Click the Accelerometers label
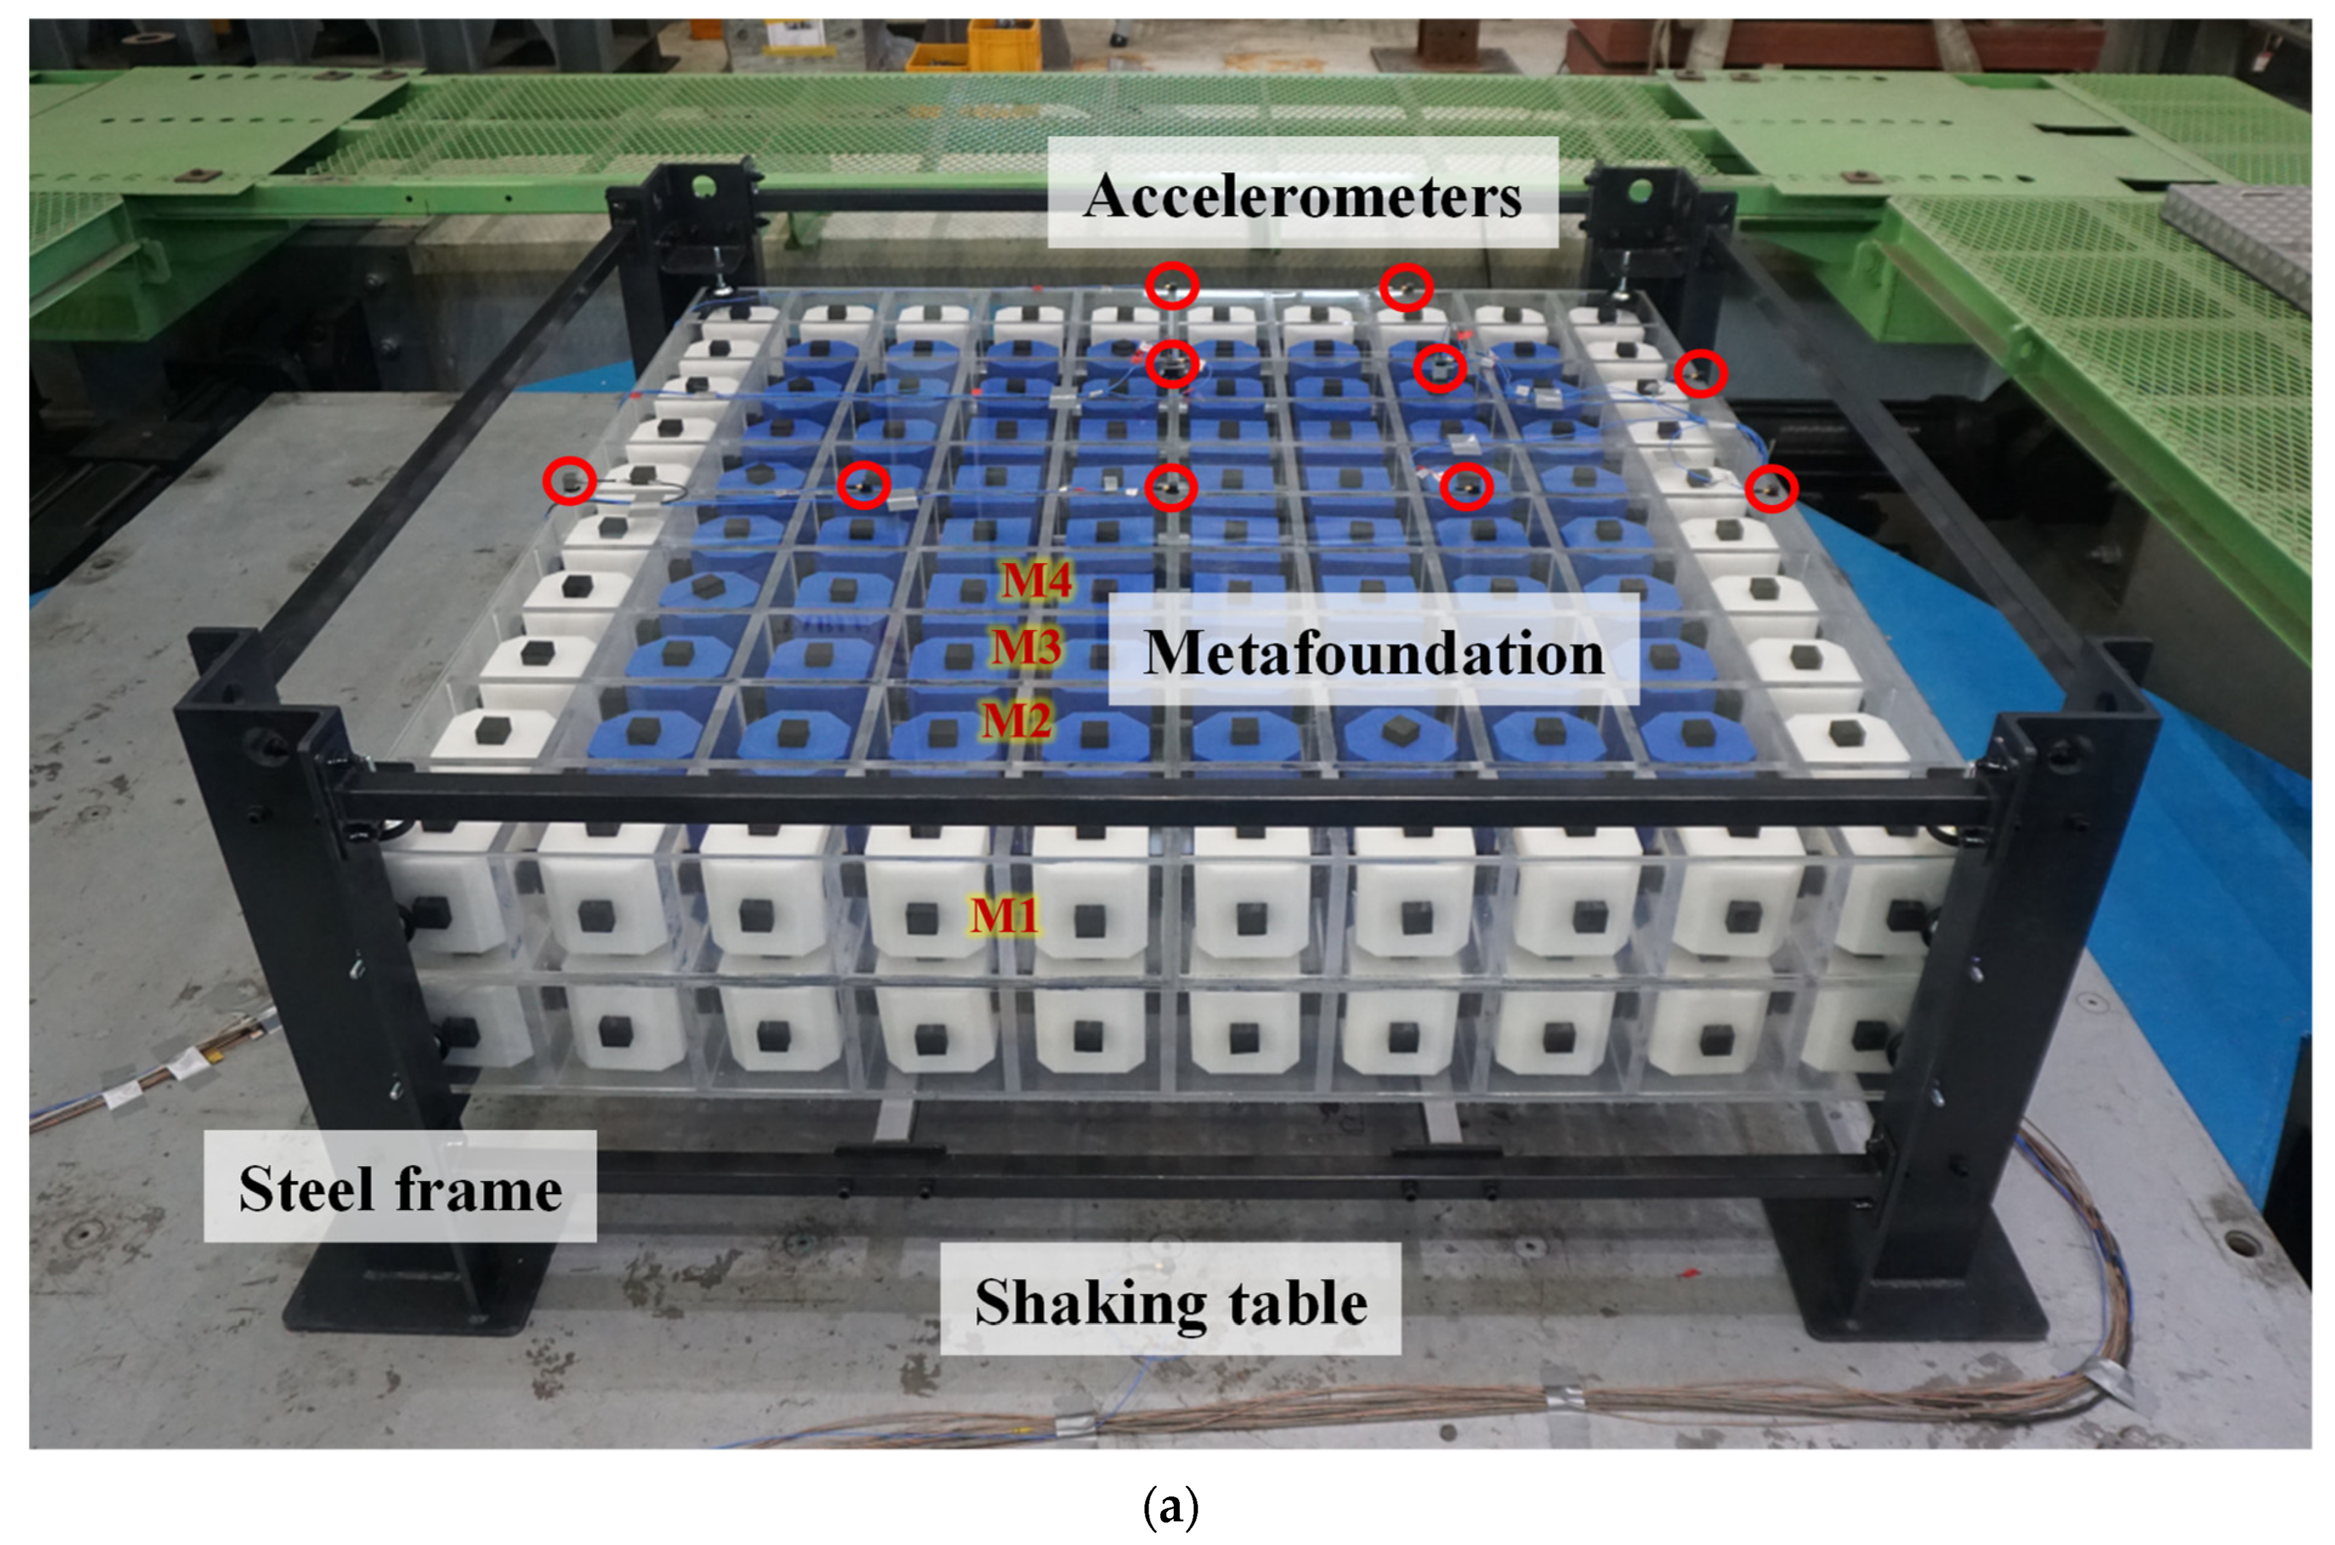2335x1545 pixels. click(x=1302, y=195)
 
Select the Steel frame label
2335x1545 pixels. click(x=400, y=1188)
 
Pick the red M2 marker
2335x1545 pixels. click(x=1016, y=720)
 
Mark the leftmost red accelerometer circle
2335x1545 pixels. click(x=570, y=482)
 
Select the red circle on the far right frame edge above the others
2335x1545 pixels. click(x=1700, y=373)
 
